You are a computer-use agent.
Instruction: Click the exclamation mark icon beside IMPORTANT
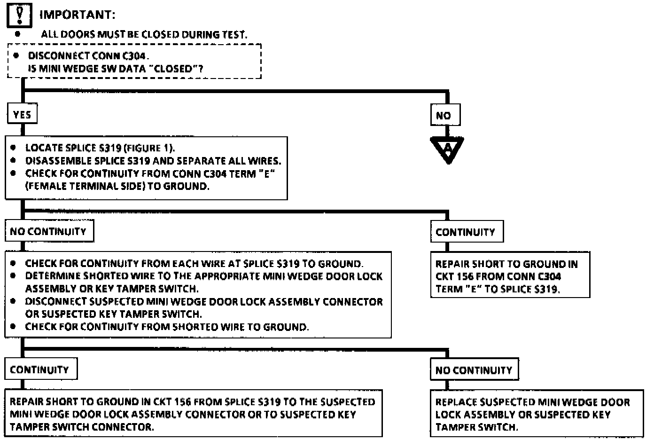[x=19, y=15]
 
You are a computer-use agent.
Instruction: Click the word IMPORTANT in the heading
[x=77, y=15]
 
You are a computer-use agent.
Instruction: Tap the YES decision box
[x=22, y=114]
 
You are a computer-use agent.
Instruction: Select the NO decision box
[x=444, y=115]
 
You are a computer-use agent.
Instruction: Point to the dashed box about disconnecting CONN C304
[x=134, y=62]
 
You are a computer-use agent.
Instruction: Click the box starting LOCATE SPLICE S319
[x=146, y=168]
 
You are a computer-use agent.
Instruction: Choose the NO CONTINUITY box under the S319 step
[x=49, y=231]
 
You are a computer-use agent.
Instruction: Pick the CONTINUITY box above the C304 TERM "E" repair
[x=466, y=232]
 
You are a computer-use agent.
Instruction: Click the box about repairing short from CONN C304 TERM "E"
[x=510, y=276]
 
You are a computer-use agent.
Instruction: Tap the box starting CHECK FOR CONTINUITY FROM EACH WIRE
[x=198, y=295]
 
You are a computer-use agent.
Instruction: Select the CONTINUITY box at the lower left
[x=40, y=369]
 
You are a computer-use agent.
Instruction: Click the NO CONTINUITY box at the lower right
[x=474, y=370]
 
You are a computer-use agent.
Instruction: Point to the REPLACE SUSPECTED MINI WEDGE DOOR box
[x=536, y=414]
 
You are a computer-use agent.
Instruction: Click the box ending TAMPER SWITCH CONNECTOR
[x=193, y=414]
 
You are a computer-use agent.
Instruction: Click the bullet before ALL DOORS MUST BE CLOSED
[x=17, y=34]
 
